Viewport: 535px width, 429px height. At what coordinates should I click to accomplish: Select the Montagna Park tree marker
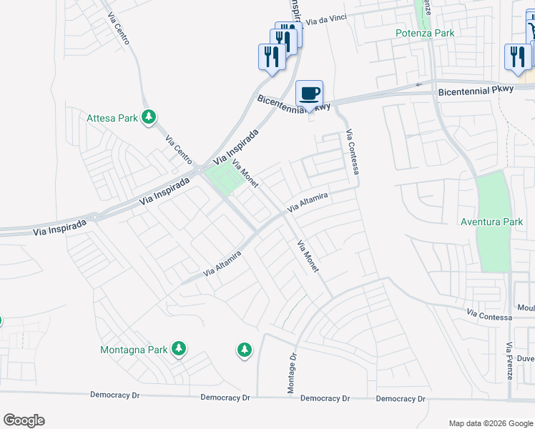179,349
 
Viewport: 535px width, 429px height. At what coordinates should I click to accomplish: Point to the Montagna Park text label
133,350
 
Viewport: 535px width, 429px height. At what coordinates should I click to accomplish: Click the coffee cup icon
310,94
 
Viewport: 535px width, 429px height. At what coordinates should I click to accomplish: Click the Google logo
24,420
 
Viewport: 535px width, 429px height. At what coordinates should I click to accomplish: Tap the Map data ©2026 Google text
490,423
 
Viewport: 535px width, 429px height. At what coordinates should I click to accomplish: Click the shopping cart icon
531,30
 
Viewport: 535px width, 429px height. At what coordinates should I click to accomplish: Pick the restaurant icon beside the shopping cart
517,57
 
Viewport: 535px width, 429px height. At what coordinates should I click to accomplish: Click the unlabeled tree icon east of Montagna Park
245,350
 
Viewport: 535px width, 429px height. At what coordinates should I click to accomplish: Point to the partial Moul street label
526,308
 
